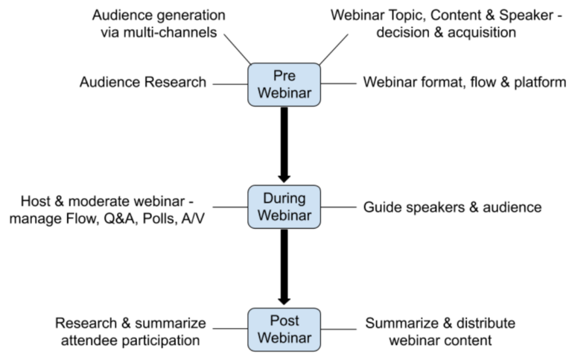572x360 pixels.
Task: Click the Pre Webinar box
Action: [x=285, y=85]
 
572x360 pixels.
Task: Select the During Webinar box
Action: [x=285, y=207]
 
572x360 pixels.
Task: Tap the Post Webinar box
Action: [x=285, y=329]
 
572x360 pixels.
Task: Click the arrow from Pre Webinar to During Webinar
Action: [x=285, y=145]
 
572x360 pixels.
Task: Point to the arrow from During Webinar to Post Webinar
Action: [x=285, y=268]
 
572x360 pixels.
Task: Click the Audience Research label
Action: [x=143, y=83]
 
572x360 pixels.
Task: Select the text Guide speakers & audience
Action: [x=452, y=207]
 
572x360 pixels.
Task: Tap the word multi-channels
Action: [x=170, y=33]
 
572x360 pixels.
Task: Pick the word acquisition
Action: [x=482, y=33]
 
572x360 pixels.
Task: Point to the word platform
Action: [x=540, y=83]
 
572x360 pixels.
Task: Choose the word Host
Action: [x=36, y=201]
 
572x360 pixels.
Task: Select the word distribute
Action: [x=486, y=323]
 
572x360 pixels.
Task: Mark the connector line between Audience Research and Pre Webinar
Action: [x=230, y=84]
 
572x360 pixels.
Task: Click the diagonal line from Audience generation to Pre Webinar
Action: [x=237, y=49]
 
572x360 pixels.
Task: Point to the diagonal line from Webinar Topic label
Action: [x=334, y=49]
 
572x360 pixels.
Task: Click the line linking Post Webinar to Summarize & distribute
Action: [x=339, y=329]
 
